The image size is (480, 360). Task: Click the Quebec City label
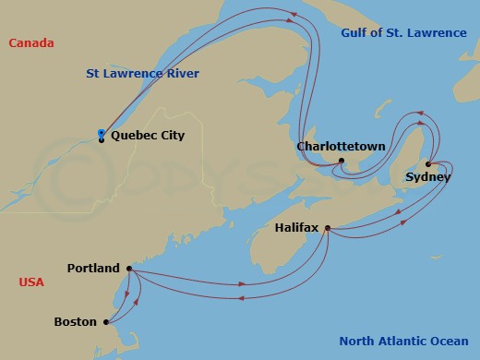pyautogui.click(x=148, y=136)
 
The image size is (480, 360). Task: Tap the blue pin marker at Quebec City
pyautogui.click(x=101, y=136)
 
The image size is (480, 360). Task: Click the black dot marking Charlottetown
pyautogui.click(x=342, y=161)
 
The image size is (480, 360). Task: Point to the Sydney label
pyautogui.click(x=427, y=176)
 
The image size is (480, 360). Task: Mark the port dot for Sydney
pyautogui.click(x=428, y=164)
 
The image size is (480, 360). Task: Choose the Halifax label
pyautogui.click(x=299, y=224)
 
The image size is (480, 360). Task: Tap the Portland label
pyautogui.click(x=94, y=269)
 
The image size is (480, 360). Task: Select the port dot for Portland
pyautogui.click(x=128, y=269)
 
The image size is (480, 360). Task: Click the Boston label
pyautogui.click(x=76, y=322)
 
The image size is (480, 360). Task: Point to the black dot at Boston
pyautogui.click(x=106, y=322)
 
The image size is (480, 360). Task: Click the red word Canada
pyautogui.click(x=30, y=43)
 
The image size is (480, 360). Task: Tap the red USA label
pyautogui.click(x=31, y=282)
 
